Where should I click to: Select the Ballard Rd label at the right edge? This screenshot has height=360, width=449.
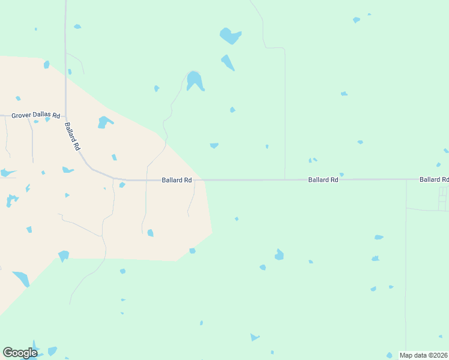point(434,179)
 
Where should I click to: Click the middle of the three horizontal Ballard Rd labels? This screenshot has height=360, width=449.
point(323,179)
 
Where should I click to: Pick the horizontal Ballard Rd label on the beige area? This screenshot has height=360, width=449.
point(176,180)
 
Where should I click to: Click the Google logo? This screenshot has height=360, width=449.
point(20,353)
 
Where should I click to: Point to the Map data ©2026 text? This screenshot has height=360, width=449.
point(423,355)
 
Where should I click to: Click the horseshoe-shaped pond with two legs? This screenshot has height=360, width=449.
point(194,80)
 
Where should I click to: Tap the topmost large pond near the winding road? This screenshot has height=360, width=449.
point(230,36)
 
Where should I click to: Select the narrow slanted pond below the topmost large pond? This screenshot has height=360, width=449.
point(228,62)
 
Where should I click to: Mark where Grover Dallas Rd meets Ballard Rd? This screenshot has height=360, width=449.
point(65,116)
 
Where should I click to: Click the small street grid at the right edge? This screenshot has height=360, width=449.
point(443,199)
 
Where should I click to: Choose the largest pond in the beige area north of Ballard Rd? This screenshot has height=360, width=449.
point(104,122)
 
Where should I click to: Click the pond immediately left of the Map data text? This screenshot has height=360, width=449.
point(390,355)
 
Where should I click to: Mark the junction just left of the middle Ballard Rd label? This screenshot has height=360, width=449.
point(285,179)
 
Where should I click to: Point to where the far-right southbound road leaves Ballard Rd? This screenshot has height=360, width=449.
point(406,180)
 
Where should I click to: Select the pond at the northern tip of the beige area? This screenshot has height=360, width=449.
point(46,64)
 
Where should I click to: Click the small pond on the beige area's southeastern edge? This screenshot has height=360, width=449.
point(192,251)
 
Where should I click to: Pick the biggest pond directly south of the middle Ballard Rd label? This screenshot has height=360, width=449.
point(279,255)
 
